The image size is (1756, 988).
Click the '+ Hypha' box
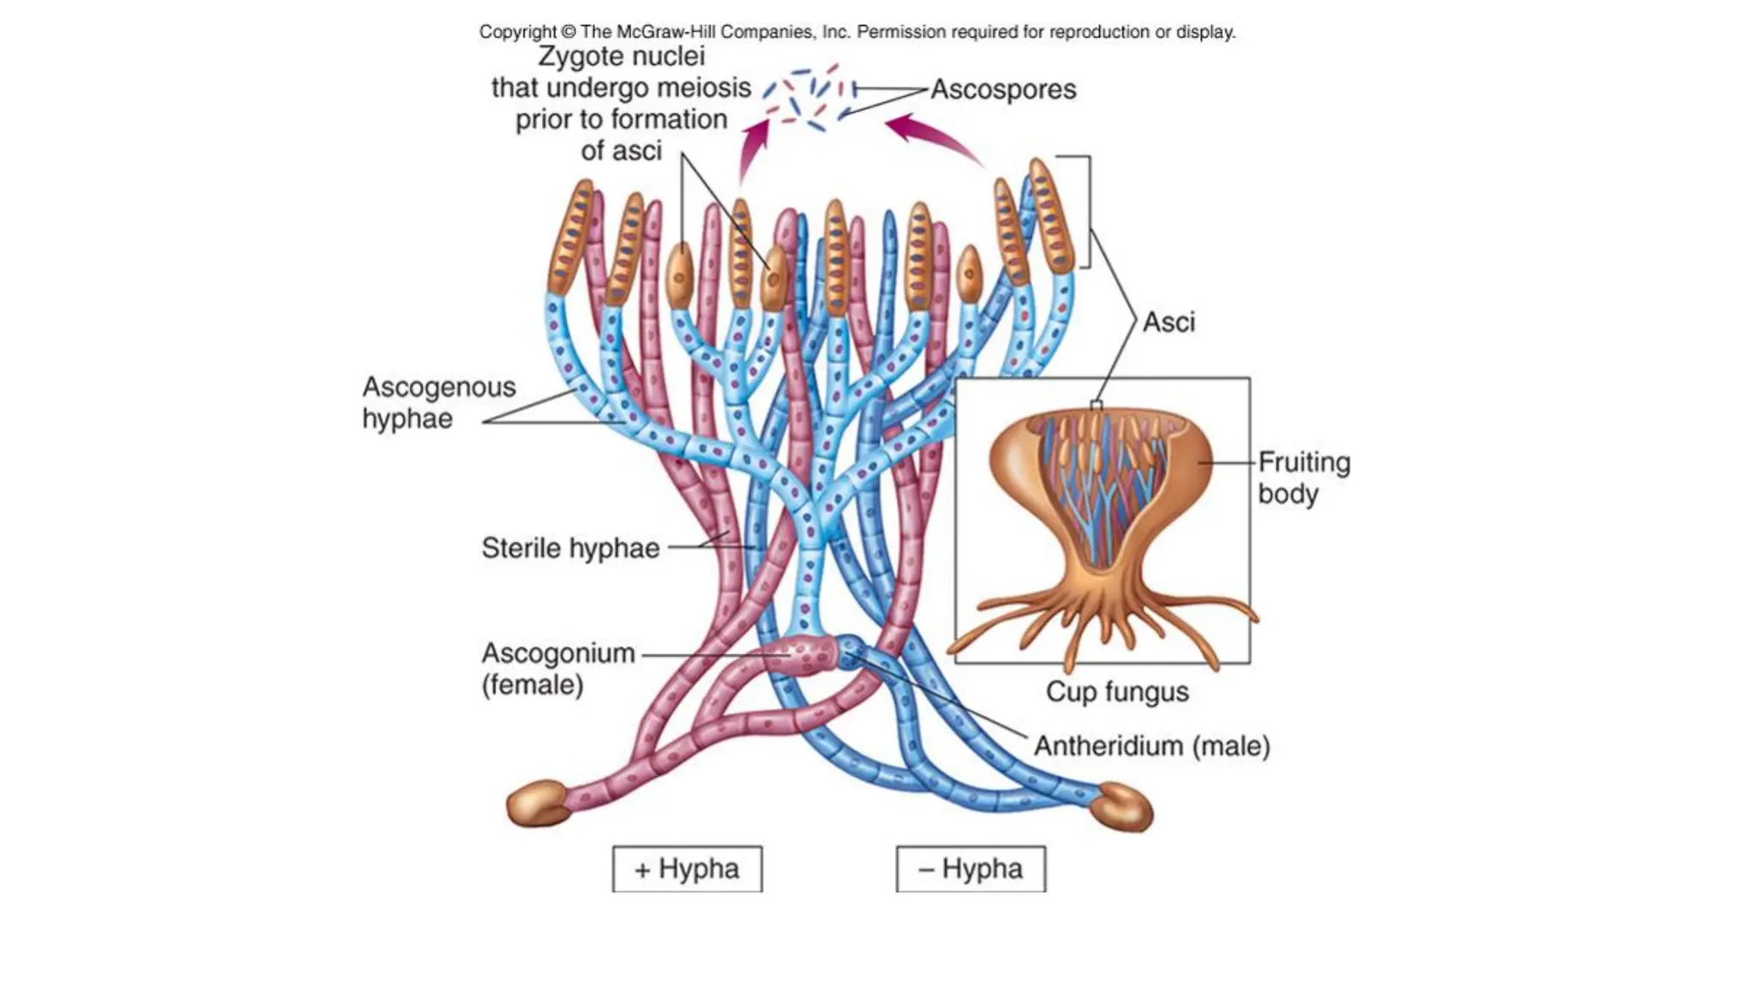click(x=687, y=869)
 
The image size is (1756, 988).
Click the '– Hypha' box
click(x=971, y=869)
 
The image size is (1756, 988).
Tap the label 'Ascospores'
click(x=1003, y=89)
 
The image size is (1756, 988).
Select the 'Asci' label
click(x=1169, y=322)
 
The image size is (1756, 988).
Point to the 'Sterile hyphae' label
click(x=570, y=548)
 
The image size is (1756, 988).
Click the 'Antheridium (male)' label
click(x=1152, y=746)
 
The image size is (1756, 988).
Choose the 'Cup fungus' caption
click(x=1117, y=692)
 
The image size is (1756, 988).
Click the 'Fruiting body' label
click(x=1303, y=478)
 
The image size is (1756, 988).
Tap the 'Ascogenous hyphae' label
click(x=438, y=402)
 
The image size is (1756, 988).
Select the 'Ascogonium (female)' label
click(x=557, y=669)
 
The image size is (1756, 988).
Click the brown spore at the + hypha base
click(x=538, y=804)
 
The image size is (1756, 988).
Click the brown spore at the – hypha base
click(x=1125, y=807)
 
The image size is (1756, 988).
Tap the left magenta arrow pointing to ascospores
click(x=752, y=150)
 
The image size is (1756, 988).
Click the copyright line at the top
click(x=857, y=32)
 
